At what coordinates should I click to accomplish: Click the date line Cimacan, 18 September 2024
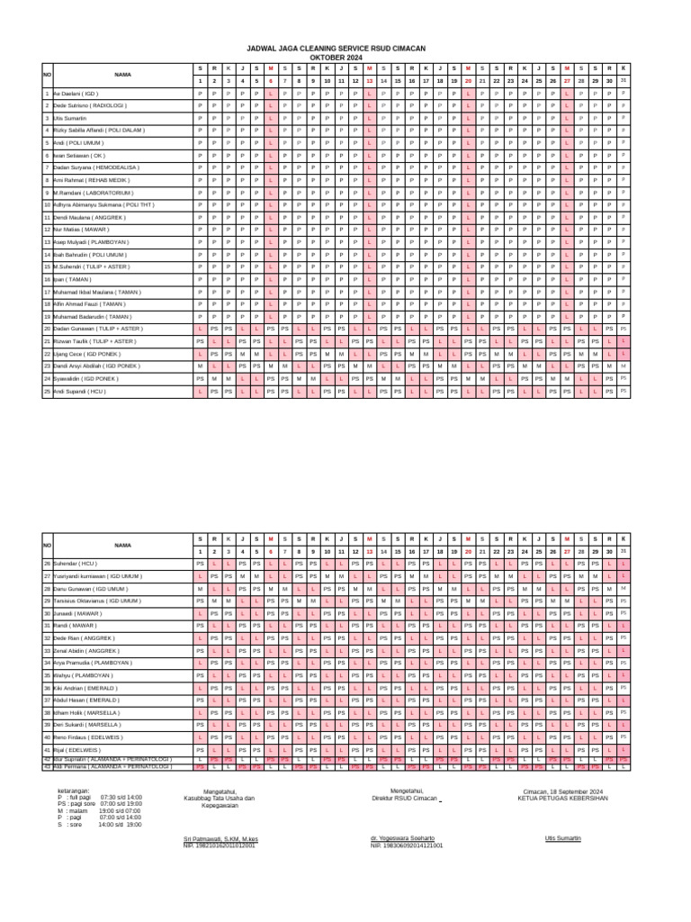[x=563, y=791]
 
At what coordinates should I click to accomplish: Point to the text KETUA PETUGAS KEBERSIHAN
[x=562, y=798]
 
